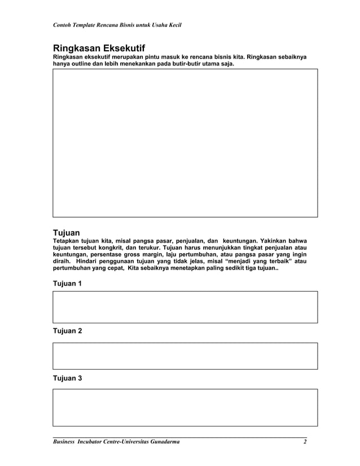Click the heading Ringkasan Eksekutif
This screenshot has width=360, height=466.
[103, 48]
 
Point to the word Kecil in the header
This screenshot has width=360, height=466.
[172, 25]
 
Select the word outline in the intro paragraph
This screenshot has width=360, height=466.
[84, 64]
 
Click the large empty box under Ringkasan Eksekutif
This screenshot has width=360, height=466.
[185, 143]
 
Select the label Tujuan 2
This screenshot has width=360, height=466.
[67, 331]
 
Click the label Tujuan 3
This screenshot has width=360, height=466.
[67, 378]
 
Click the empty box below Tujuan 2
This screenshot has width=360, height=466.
[185, 356]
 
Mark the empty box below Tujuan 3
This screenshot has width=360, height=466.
[185, 407]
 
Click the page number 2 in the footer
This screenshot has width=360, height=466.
[305, 441]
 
